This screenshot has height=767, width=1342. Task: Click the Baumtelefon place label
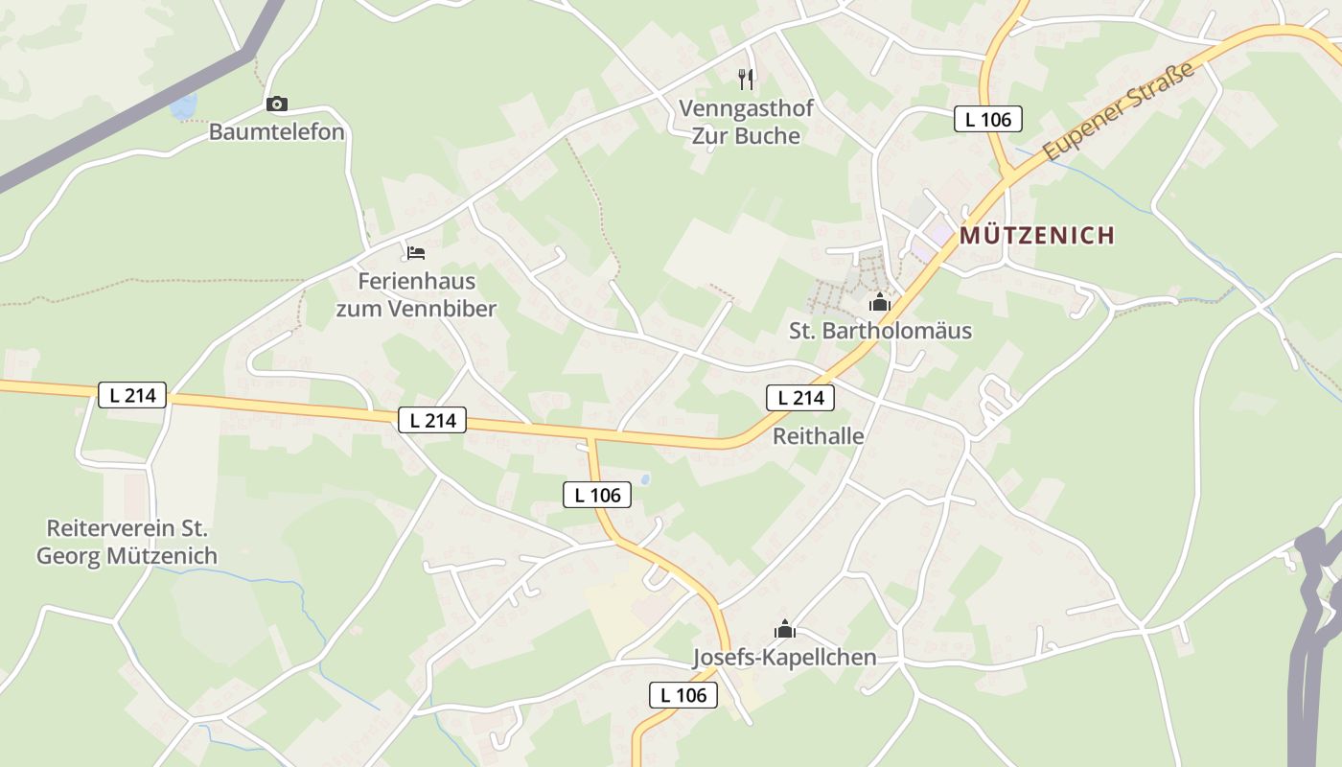(x=276, y=132)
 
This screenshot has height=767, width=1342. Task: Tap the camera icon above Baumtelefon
(x=277, y=104)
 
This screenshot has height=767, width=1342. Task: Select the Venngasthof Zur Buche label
(x=746, y=122)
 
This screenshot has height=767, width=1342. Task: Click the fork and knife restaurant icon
(x=746, y=79)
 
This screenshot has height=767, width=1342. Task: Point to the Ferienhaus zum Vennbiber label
(x=416, y=295)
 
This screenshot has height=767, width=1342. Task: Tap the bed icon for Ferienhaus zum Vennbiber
(x=415, y=253)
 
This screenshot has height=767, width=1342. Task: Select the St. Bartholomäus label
(x=880, y=332)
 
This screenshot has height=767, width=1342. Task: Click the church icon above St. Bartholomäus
(x=879, y=303)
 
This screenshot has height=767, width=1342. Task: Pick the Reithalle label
(x=818, y=436)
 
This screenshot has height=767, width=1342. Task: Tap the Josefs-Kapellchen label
(x=784, y=658)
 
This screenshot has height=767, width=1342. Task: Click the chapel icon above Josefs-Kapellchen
(x=785, y=629)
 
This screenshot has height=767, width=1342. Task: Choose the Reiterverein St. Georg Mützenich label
(x=127, y=542)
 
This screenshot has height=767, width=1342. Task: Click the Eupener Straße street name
(x=1119, y=111)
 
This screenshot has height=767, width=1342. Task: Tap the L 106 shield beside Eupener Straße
(x=988, y=120)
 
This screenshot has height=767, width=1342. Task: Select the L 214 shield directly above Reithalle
(x=799, y=398)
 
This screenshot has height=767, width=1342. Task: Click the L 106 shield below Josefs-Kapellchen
(x=683, y=695)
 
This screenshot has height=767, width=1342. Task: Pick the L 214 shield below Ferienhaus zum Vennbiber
(x=431, y=419)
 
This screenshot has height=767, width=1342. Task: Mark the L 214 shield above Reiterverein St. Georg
(x=132, y=395)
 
